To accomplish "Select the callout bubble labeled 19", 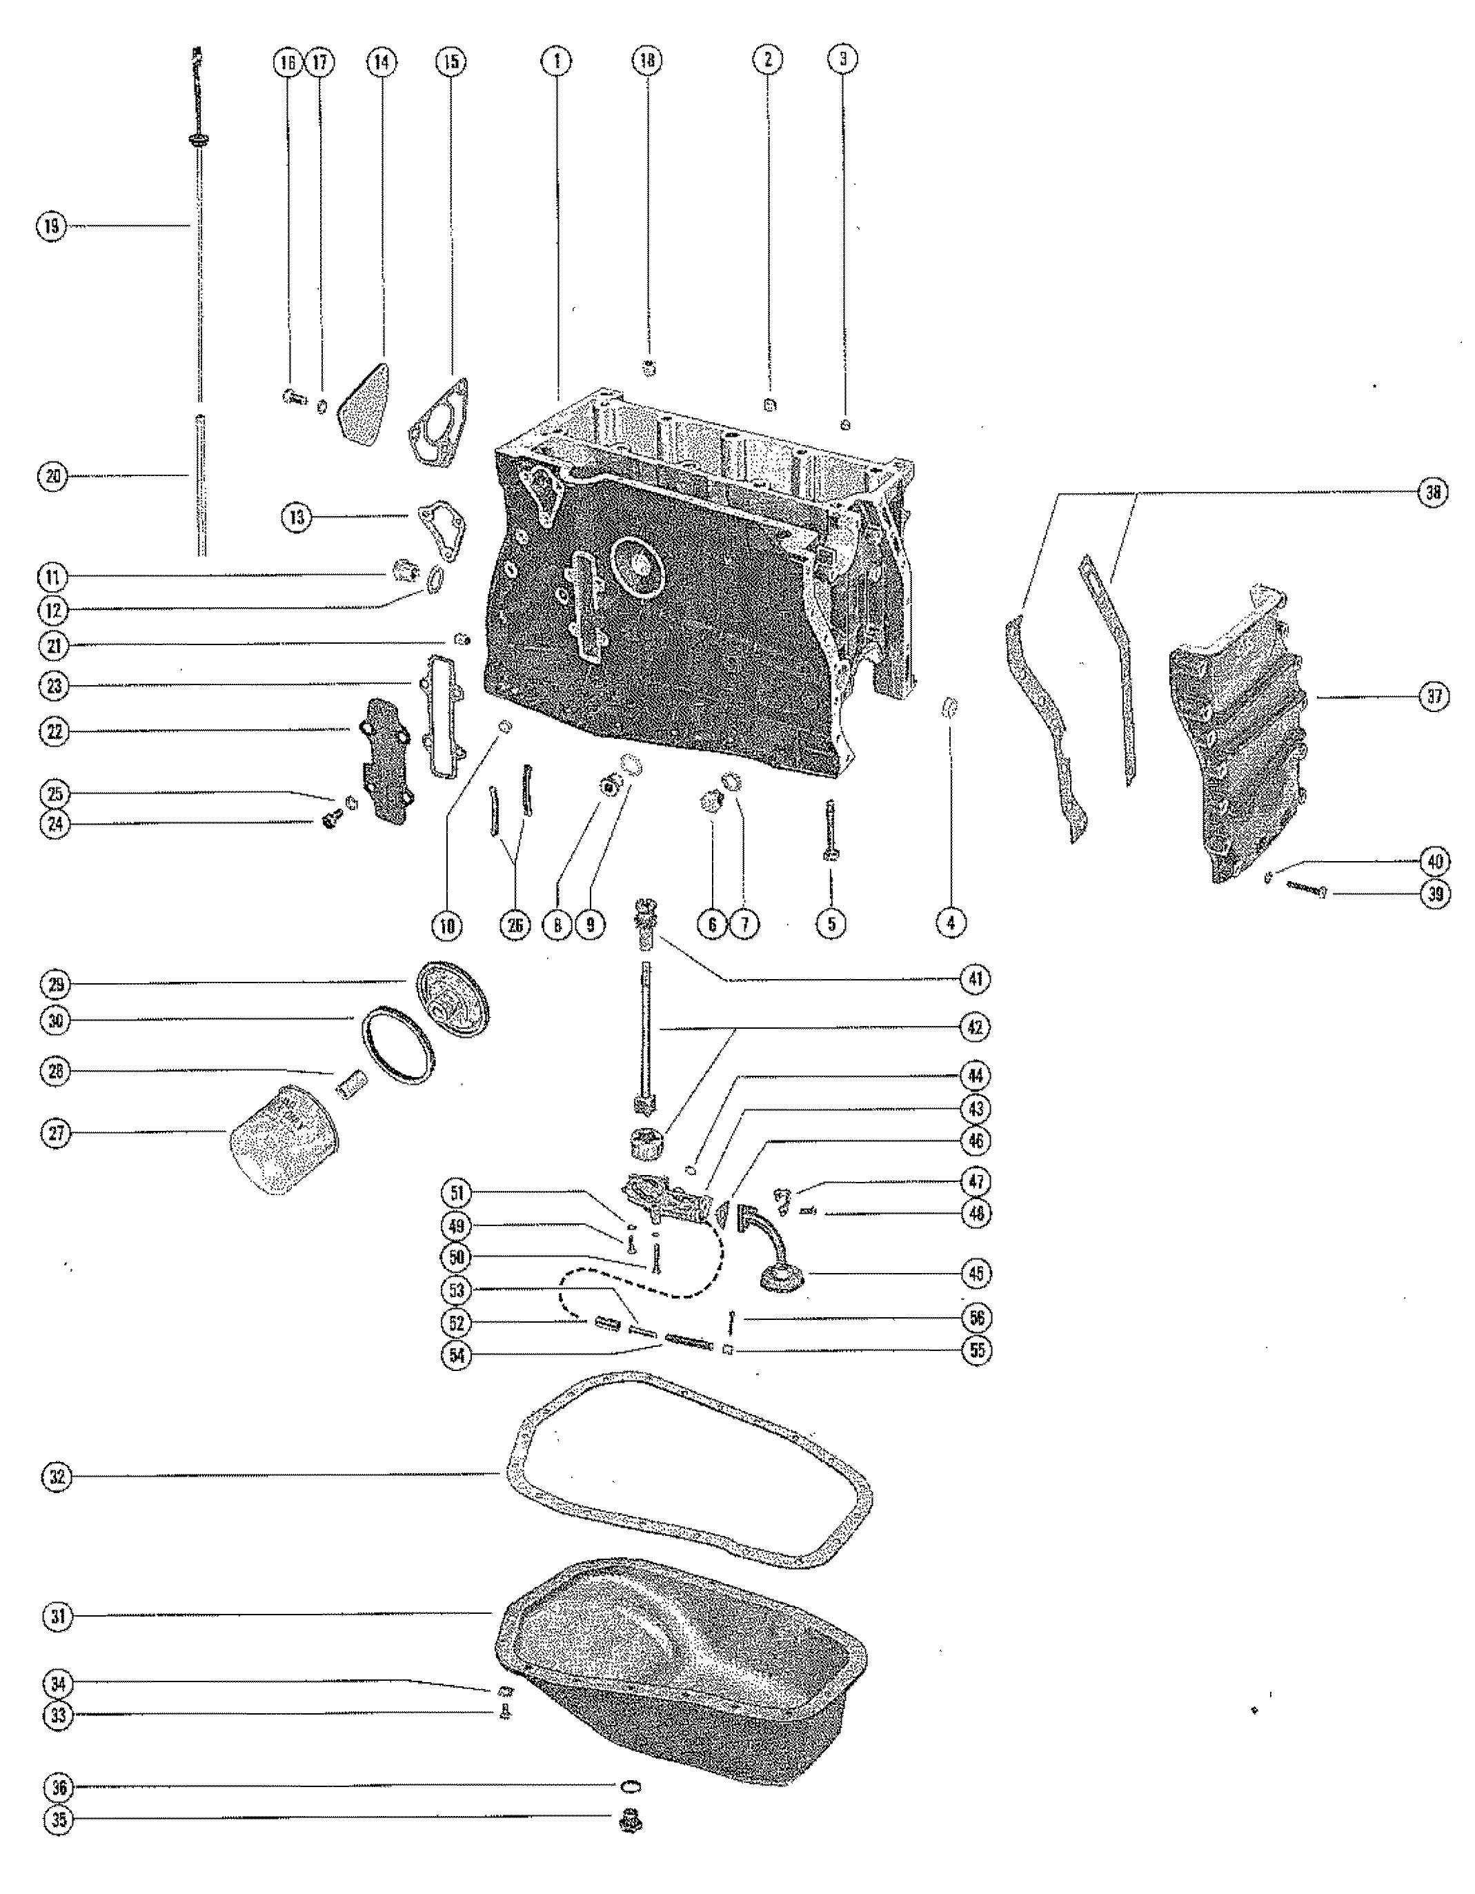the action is point(51,226).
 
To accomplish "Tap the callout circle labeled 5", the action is point(831,924).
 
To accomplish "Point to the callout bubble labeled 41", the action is point(976,978).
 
